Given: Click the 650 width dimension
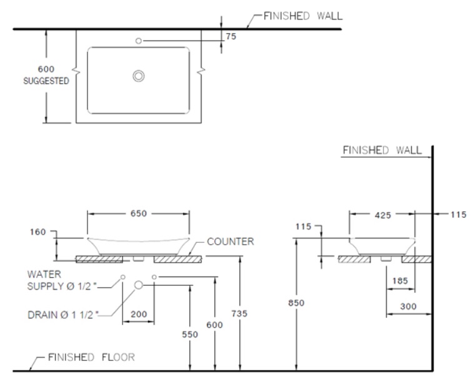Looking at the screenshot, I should pyautogui.click(x=139, y=214).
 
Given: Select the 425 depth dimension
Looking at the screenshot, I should pyautogui.click(x=382, y=215).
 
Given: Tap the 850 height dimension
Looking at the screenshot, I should pyautogui.click(x=297, y=303).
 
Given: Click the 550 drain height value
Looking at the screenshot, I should pyautogui.click(x=190, y=335).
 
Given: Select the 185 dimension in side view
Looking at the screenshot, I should pyautogui.click(x=400, y=282).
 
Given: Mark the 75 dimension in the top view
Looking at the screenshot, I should pyautogui.click(x=231, y=37).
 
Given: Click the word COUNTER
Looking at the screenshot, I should pyautogui.click(x=231, y=241).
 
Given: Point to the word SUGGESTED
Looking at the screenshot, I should pyautogui.click(x=46, y=81).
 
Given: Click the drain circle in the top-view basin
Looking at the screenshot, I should pyautogui.click(x=139, y=76).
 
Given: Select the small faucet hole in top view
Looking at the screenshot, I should pyautogui.click(x=139, y=41).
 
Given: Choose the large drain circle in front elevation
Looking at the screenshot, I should pyautogui.click(x=139, y=285).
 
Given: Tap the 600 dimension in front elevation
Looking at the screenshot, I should pyautogui.click(x=215, y=325).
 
